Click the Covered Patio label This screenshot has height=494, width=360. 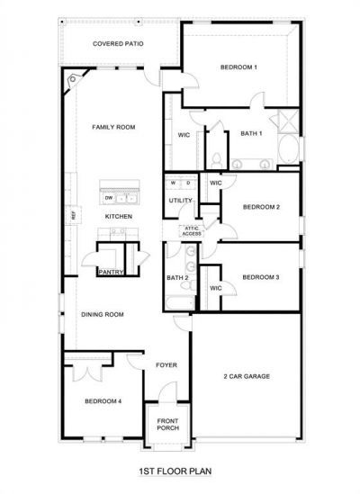pos(119,42)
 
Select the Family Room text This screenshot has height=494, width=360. pos(113,128)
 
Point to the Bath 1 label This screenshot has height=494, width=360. pos(251,134)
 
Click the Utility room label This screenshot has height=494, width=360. pos(180,201)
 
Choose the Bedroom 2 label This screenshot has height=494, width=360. pos(261,207)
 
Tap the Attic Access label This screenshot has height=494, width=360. pos(192,230)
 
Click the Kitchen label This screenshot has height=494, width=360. pos(119,217)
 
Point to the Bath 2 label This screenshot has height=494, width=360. pos(177,278)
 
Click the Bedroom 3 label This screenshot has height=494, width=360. pos(261,277)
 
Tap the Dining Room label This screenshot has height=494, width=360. pos(103,314)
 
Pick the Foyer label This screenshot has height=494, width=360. pos(166,365)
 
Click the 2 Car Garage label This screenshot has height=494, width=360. pos(247,376)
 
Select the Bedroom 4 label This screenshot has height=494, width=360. pos(103,401)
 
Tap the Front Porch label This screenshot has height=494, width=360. pos(168,424)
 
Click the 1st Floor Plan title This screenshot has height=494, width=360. pos(175,470)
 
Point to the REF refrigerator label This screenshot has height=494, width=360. pos(74,215)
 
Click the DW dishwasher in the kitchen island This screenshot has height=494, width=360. pos(109,197)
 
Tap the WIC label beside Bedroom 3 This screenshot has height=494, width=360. pos(215,288)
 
